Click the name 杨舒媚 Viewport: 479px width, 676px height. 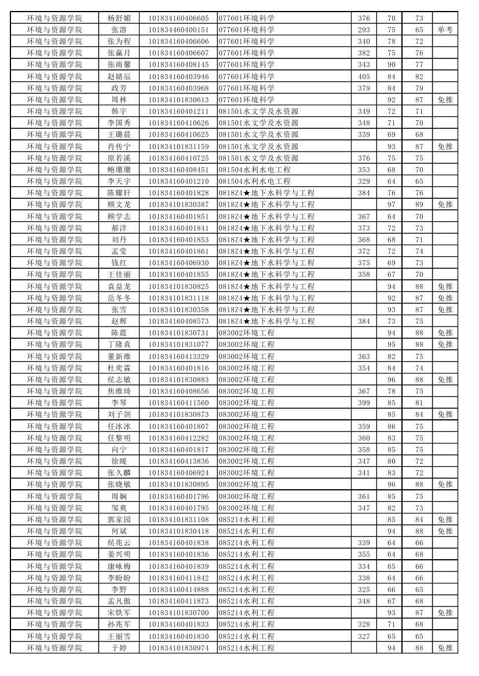tap(119, 18)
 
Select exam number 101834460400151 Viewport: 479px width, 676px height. tap(178, 29)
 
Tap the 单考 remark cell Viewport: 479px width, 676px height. tap(445, 29)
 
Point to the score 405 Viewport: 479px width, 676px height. tap(364, 76)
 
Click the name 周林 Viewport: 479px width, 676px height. tap(119, 99)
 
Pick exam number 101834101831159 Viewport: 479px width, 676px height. tap(178, 146)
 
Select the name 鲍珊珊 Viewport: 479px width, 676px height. tap(119, 169)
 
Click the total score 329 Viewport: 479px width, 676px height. tap(364, 181)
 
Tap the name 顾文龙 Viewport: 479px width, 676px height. tap(119, 204)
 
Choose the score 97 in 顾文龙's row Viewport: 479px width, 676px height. tap(392, 204)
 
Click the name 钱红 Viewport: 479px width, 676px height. tap(119, 263)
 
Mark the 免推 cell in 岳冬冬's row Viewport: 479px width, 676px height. tap(445, 298)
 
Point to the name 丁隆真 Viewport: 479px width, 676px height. tap(119, 344)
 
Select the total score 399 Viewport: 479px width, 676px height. tap(364, 402)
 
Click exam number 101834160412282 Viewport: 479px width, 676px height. tap(178, 438)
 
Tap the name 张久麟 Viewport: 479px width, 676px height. tap(119, 472)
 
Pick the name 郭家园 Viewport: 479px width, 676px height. tap(119, 519)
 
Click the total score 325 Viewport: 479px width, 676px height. tap(364, 589)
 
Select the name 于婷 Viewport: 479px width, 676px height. tap(119, 648)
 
